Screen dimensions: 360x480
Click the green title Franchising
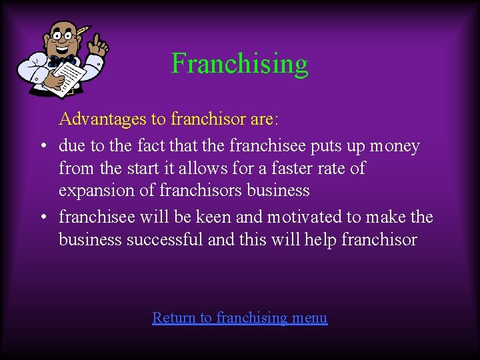(240, 64)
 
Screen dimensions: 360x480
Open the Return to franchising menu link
(240, 317)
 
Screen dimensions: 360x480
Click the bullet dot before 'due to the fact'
(41, 146)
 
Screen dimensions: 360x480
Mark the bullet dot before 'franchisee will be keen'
(41, 217)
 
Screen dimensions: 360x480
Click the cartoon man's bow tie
(62, 61)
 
